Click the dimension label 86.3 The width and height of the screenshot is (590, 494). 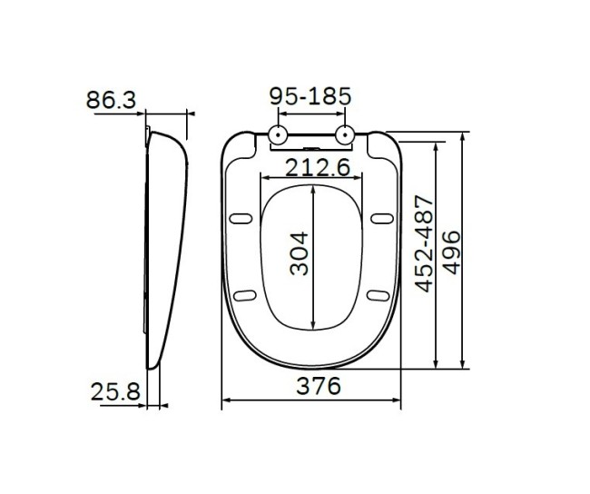click(x=112, y=99)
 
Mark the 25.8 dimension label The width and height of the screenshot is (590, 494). click(x=116, y=392)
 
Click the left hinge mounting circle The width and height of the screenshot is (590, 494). click(x=278, y=136)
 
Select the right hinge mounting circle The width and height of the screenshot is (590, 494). click(x=344, y=136)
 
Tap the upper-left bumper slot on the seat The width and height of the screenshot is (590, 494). click(x=242, y=217)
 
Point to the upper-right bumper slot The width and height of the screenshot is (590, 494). click(x=382, y=217)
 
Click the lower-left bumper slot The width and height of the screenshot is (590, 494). click(x=243, y=294)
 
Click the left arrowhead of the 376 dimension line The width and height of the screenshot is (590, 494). click(x=227, y=400)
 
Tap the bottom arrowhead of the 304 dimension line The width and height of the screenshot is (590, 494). click(x=312, y=326)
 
